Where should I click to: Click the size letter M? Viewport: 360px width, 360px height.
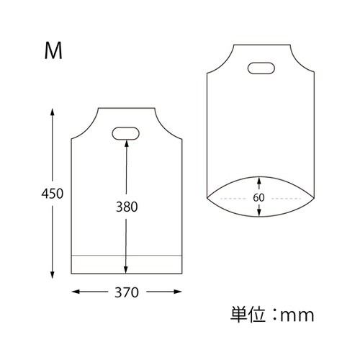tap(53, 50)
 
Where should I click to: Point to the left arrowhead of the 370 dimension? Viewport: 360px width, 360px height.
tap(75, 292)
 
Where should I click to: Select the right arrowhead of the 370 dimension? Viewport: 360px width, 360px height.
tap(178, 292)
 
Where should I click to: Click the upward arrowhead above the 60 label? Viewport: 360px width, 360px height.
tap(260, 180)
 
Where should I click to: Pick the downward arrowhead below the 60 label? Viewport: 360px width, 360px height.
tap(260, 214)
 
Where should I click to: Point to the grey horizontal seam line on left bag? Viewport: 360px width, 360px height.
tap(101, 255)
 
